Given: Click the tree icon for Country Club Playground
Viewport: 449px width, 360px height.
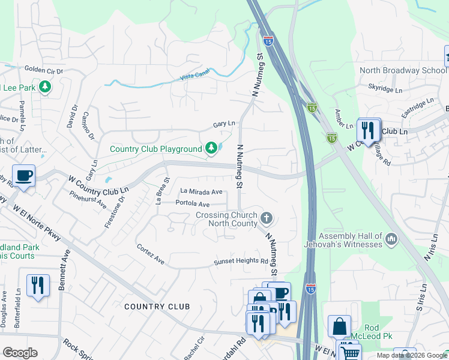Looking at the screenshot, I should coord(211,148).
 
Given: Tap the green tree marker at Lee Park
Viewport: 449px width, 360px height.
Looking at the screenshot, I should coord(44,88).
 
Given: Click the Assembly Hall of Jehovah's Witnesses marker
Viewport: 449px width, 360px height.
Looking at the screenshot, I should coord(391,239).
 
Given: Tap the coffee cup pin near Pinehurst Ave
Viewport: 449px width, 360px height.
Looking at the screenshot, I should coord(23,176).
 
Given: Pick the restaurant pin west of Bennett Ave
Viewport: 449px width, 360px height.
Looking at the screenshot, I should coord(38,286).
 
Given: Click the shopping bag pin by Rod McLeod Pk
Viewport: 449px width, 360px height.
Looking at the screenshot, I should coord(339,327).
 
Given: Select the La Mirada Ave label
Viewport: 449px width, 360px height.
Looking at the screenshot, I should coord(202,191).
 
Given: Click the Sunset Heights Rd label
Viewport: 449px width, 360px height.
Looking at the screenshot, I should coord(241,262).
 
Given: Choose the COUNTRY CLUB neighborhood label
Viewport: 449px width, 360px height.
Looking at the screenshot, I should coord(157,307).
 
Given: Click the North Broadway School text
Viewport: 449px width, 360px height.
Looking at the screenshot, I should coord(399,70).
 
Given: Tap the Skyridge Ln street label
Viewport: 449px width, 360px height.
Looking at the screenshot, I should coord(385,89).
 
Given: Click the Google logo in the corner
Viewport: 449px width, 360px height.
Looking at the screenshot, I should coord(20,353).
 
